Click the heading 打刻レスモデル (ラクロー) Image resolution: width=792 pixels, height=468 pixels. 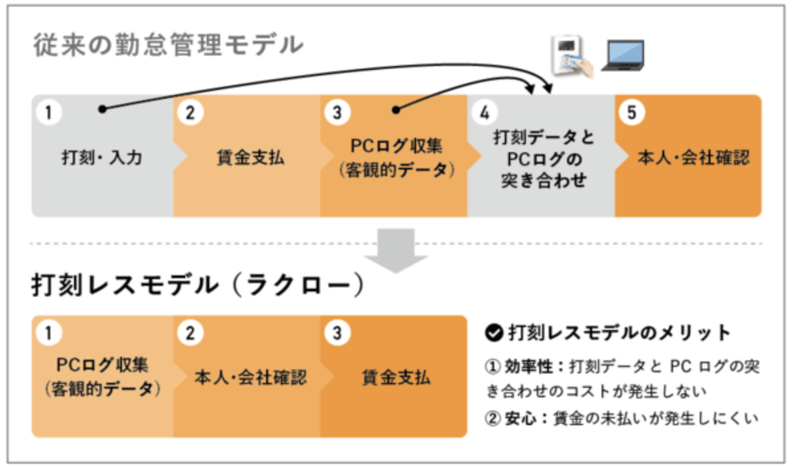click(x=198, y=285)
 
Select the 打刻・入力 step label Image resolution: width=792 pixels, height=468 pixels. click(x=102, y=157)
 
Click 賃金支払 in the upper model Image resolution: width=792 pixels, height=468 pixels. click(x=246, y=157)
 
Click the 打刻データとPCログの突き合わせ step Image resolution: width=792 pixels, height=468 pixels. click(x=539, y=157)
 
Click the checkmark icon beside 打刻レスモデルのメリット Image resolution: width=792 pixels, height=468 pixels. click(x=495, y=332)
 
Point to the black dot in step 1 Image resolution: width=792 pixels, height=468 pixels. click(x=102, y=109)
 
